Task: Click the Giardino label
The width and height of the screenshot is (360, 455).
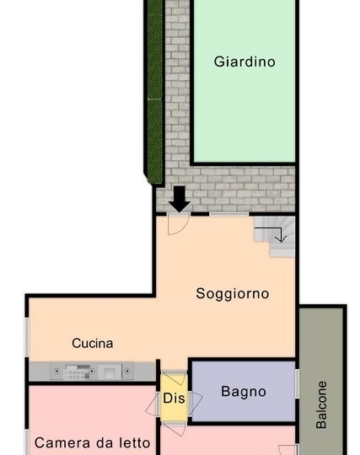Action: (x=244, y=62)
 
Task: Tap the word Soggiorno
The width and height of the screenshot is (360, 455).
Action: (x=232, y=294)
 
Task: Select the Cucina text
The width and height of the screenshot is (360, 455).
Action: (x=93, y=343)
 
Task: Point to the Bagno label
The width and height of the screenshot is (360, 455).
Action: (x=244, y=392)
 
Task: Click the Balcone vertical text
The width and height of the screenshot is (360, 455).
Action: (x=321, y=404)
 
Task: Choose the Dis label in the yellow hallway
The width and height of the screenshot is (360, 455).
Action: (x=174, y=398)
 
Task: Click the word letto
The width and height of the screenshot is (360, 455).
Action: (x=135, y=443)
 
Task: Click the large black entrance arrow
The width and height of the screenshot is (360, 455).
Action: (x=180, y=199)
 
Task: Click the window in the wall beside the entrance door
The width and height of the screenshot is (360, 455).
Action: (x=229, y=214)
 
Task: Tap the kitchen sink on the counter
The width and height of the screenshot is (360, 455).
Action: (x=109, y=372)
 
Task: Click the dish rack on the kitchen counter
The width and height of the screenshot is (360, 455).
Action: (x=77, y=372)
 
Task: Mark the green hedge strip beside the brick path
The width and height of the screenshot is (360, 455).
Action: (x=155, y=91)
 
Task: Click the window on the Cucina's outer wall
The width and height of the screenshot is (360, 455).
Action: (x=27, y=337)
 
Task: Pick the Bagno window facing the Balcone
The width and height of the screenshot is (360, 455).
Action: (x=297, y=383)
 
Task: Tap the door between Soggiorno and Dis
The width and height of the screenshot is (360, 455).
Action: (x=174, y=377)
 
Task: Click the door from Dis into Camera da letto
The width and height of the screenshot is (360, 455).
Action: (x=152, y=404)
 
